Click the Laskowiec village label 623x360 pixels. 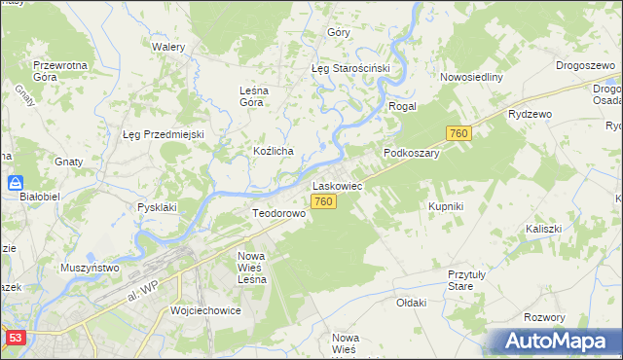point(337,184)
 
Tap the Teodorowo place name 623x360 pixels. point(279,213)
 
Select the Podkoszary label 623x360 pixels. point(412,153)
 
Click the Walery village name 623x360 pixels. point(168,46)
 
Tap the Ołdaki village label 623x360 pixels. point(411,303)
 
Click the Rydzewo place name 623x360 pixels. point(530,114)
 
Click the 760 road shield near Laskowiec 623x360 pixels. point(325,201)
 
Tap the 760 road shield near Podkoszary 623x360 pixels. point(459,132)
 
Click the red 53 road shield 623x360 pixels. point(15,338)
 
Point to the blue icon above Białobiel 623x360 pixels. point(16,182)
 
